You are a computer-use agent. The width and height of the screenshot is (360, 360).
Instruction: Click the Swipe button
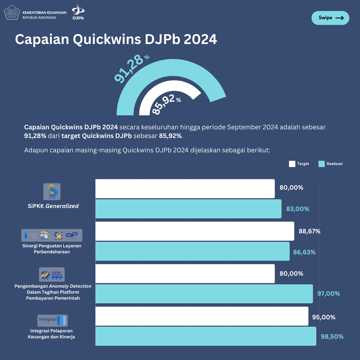click(330, 18)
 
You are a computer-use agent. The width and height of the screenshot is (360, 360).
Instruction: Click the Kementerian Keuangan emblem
click(12, 13)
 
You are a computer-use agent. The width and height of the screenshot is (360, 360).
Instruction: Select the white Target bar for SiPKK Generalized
click(185, 188)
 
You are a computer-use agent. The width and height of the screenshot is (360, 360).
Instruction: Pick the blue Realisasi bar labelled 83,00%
click(188, 209)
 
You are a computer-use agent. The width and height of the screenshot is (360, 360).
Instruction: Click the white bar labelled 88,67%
click(195, 231)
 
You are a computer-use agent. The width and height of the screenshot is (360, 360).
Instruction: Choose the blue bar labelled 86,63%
click(192, 251)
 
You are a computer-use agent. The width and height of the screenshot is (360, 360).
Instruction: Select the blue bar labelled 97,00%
click(204, 294)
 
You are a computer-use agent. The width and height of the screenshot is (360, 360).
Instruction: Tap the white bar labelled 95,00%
click(202, 316)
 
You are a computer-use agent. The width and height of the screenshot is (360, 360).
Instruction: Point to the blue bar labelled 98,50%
click(206, 336)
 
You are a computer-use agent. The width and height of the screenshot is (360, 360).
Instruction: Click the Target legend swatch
click(292, 164)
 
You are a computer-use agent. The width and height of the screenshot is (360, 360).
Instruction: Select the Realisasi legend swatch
click(321, 164)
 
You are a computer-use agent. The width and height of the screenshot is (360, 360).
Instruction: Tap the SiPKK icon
click(52, 192)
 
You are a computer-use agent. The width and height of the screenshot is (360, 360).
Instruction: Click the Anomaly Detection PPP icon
click(52, 275)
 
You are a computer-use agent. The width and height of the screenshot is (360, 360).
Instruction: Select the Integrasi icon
click(52, 320)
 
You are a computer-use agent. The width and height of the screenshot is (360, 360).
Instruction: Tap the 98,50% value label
click(332, 336)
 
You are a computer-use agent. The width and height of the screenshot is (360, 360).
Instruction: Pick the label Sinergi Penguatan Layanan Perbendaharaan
click(54, 249)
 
